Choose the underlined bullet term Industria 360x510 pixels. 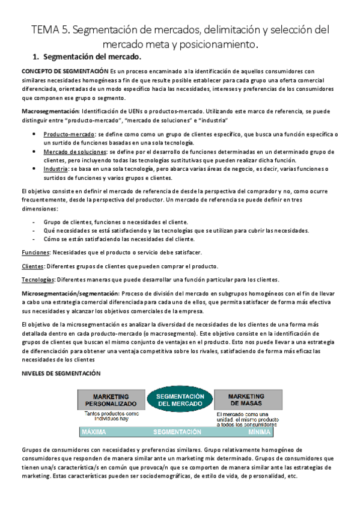55,170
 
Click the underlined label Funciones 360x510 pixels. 35,252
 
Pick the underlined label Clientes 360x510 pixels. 32,266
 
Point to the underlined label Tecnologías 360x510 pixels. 38,279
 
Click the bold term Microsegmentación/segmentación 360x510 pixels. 70,293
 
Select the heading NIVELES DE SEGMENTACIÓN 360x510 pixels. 61,373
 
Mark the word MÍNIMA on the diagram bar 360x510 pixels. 258,432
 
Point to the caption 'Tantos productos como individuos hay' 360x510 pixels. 112,417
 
